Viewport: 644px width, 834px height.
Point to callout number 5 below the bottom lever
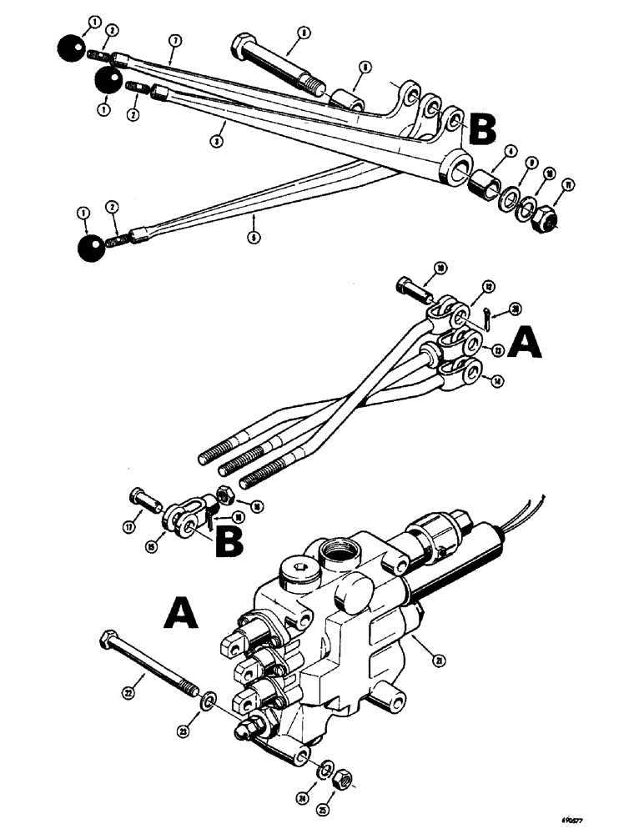coord(254,237)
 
